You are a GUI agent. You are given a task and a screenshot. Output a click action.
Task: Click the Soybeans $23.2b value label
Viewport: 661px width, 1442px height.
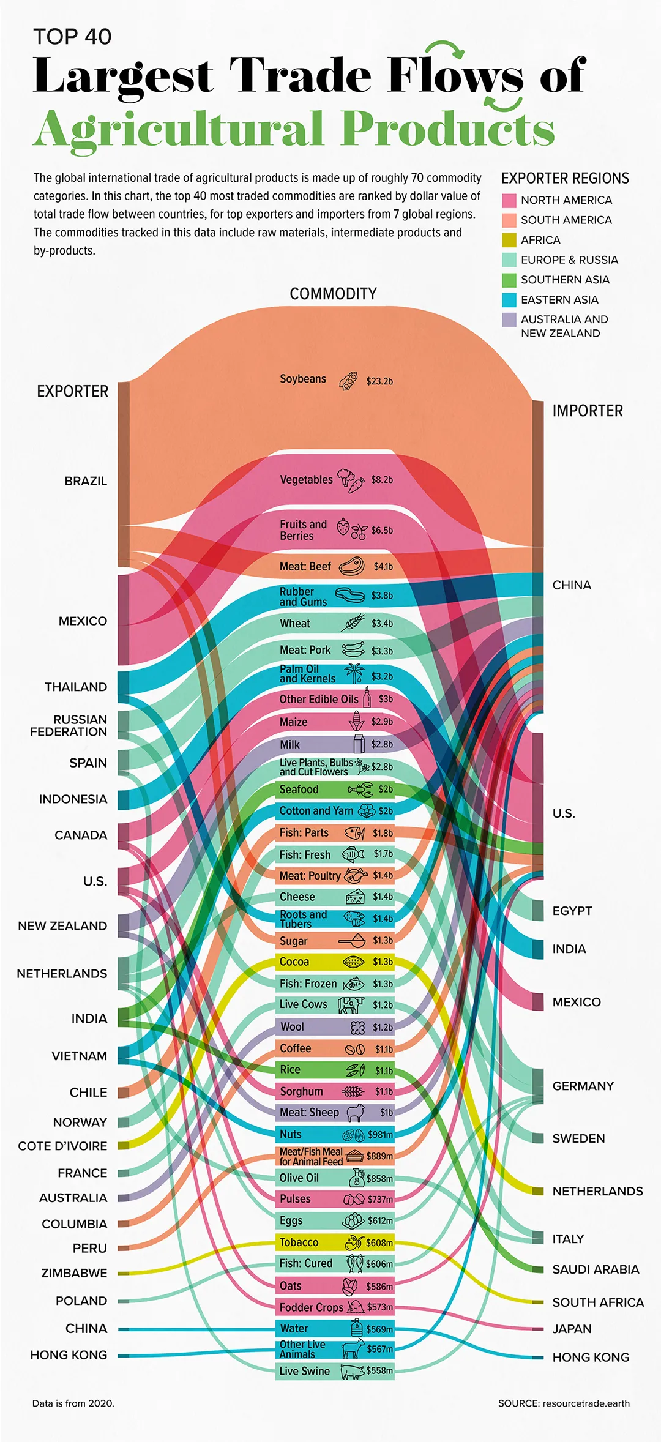pyautogui.click(x=379, y=381)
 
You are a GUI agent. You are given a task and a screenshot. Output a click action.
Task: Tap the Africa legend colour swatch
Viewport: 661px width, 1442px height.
pyautogui.click(x=509, y=240)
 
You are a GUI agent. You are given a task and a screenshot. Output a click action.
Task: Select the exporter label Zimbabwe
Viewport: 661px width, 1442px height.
pyautogui.click(x=74, y=1272)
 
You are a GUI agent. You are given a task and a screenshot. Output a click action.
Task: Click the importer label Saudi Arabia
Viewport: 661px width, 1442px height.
pyautogui.click(x=595, y=1269)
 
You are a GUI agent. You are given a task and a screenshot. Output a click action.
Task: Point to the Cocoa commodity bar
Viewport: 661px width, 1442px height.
pyautogui.click(x=334, y=962)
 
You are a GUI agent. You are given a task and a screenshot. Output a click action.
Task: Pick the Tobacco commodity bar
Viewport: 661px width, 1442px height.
pyautogui.click(x=334, y=1242)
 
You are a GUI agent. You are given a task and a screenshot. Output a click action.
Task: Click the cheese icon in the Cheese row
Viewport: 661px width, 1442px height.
pyautogui.click(x=355, y=897)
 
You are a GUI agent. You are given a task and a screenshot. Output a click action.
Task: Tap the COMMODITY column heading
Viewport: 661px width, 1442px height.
pyautogui.click(x=333, y=294)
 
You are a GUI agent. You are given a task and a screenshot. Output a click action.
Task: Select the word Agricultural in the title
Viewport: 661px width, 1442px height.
pyautogui.click(x=177, y=130)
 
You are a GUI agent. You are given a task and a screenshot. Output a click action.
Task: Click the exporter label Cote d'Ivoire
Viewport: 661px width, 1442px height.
pyautogui.click(x=62, y=1146)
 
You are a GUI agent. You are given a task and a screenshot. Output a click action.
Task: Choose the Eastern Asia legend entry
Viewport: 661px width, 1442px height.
pyautogui.click(x=559, y=299)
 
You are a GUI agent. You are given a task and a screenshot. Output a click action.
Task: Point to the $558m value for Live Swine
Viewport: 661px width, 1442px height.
pyautogui.click(x=379, y=1370)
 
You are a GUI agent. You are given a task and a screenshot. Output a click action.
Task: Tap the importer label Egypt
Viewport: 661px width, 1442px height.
pyautogui.click(x=572, y=911)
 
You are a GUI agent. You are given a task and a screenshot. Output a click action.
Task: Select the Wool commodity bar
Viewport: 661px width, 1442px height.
pyautogui.click(x=334, y=1026)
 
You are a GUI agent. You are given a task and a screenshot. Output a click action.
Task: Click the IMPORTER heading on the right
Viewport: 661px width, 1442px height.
pyautogui.click(x=587, y=411)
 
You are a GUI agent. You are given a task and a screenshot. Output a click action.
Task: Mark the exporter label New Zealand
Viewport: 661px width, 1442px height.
pyautogui.click(x=62, y=925)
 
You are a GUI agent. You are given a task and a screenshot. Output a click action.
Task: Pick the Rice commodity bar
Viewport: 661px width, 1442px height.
pyautogui.click(x=334, y=1069)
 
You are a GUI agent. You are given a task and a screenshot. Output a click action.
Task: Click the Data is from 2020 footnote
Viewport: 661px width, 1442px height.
pyautogui.click(x=73, y=1403)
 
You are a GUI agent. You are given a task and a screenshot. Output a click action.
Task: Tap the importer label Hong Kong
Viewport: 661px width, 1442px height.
pyautogui.click(x=590, y=1357)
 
